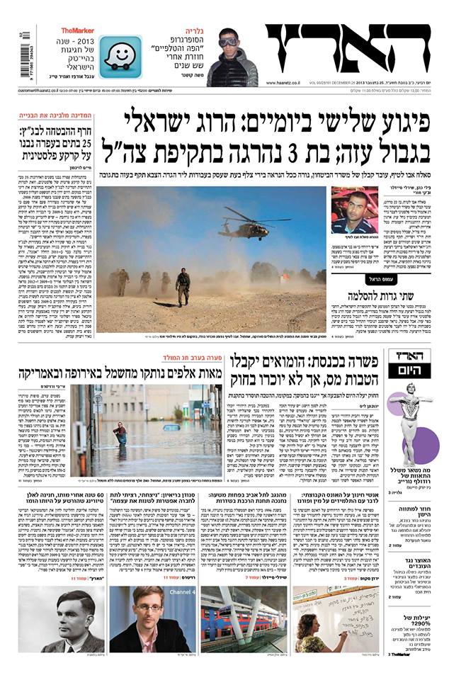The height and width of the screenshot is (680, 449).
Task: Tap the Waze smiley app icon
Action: pos(120,57)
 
